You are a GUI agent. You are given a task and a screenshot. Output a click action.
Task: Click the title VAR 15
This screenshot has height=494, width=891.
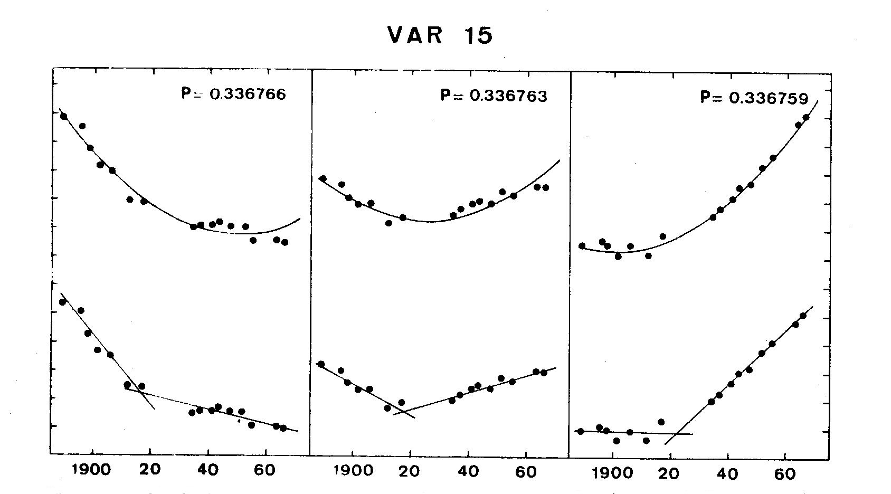coord(440,35)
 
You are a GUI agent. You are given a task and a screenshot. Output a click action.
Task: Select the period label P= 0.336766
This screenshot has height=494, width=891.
coord(233,94)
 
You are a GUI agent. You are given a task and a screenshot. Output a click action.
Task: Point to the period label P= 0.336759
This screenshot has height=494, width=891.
coord(754,98)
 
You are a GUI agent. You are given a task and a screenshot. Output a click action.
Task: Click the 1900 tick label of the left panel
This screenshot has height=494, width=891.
coord(93,469)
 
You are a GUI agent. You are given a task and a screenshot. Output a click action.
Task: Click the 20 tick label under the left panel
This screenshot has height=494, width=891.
coord(150,469)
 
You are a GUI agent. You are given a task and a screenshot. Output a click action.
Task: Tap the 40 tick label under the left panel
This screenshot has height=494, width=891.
coord(208,469)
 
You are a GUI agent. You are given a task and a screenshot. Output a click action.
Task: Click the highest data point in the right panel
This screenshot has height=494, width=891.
coord(806,117)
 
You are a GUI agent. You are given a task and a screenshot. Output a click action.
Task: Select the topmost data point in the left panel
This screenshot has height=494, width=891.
coord(64,116)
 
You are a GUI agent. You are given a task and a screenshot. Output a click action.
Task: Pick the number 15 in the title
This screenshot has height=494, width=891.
coord(478,35)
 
